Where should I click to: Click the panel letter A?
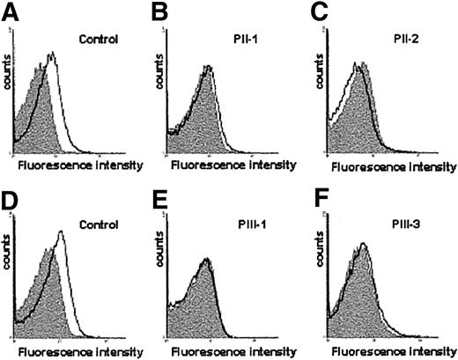pyautogui.click(x=10, y=11)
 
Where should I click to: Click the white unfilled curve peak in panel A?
pyautogui.click(x=53, y=55)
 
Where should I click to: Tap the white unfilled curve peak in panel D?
pyautogui.click(x=60, y=233)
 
